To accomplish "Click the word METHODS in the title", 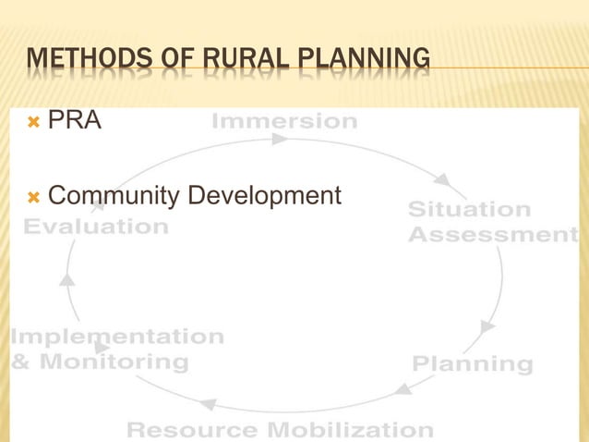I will point(80,61).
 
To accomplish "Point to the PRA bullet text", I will point(74,120).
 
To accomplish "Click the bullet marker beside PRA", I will point(34,121).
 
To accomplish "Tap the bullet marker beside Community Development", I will point(34,197).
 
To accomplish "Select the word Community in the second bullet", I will point(114,196).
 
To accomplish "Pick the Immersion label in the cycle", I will point(284,121).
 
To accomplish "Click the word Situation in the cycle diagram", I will point(469,210).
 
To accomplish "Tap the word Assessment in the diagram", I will point(492,235).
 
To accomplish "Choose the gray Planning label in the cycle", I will point(472,363).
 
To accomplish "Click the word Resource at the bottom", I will point(192,430).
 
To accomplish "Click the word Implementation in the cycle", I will point(116,337).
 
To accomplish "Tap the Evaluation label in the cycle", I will point(96,227).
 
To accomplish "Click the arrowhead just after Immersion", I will point(280,140).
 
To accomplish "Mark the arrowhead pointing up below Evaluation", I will point(66,278).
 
